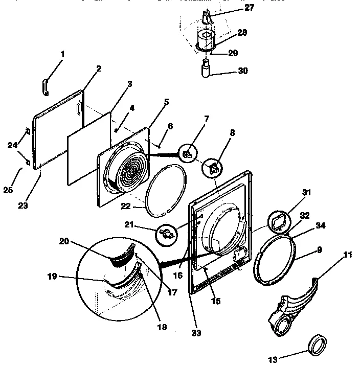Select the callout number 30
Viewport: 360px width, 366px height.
[243, 71]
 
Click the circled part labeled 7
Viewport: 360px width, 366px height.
[188, 152]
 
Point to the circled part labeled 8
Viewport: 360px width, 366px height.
[213, 166]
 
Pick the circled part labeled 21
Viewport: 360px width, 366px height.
[168, 234]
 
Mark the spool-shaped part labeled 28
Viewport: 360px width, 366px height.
[207, 39]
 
